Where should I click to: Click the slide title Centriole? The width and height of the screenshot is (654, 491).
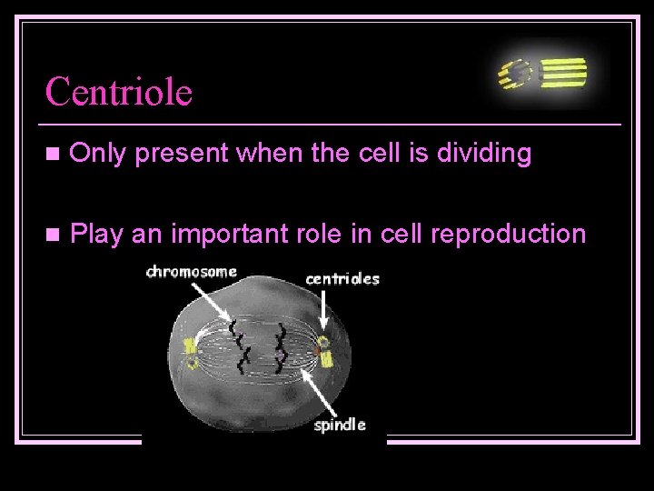pyautogui.click(x=119, y=92)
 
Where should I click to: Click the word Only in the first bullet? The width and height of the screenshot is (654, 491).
pyautogui.click(x=97, y=155)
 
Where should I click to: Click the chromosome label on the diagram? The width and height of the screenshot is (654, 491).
pyautogui.click(x=192, y=272)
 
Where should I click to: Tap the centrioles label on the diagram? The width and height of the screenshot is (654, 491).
pyautogui.click(x=342, y=278)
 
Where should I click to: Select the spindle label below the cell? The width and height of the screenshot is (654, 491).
pyautogui.click(x=340, y=425)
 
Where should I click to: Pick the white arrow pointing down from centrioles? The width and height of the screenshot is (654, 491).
pyautogui.click(x=325, y=314)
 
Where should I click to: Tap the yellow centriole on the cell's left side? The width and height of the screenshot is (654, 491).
pyautogui.click(x=192, y=353)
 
